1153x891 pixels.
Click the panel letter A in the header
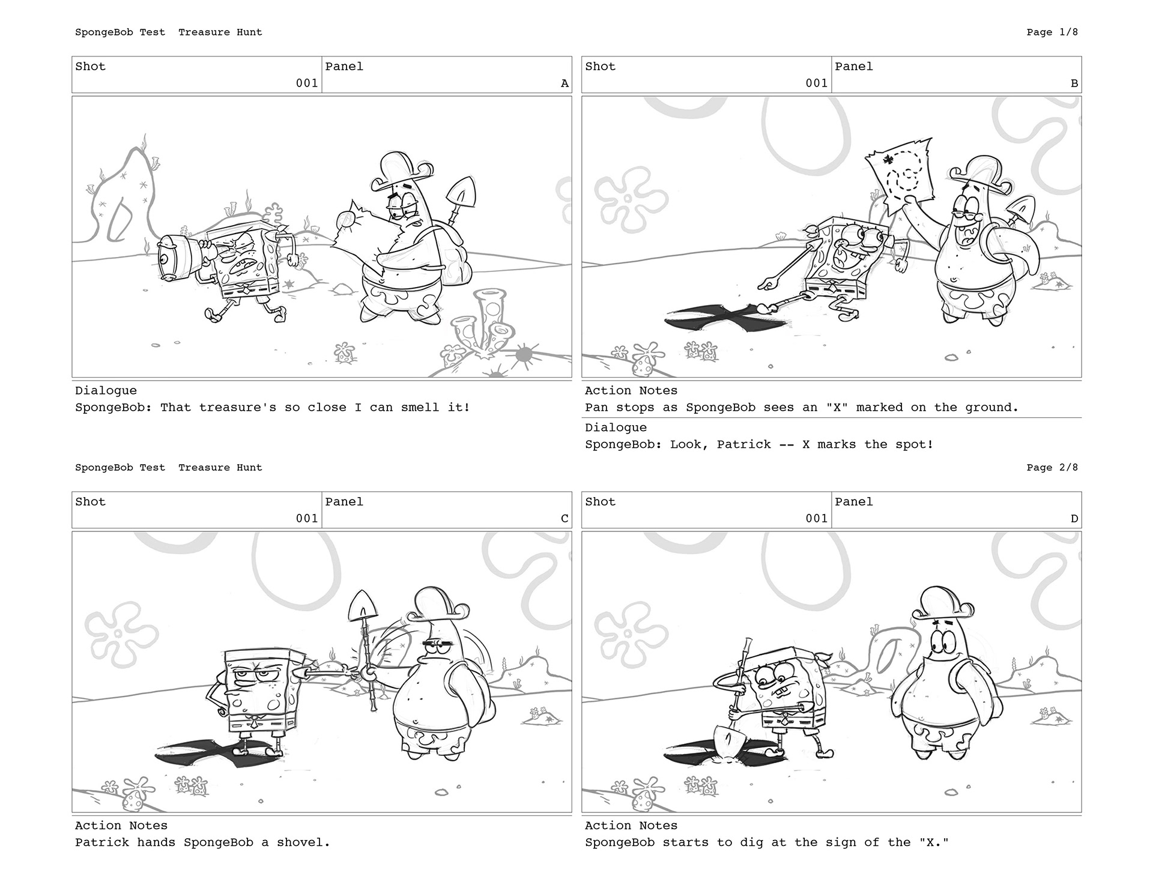pyautogui.click(x=564, y=83)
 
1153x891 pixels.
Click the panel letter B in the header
pyautogui.click(x=1074, y=83)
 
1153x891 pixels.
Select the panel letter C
pyautogui.click(x=564, y=519)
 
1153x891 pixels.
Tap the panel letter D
pyautogui.click(x=1074, y=519)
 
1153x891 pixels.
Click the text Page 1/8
pyautogui.click(x=1052, y=32)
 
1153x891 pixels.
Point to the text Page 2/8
pyautogui.click(x=1052, y=468)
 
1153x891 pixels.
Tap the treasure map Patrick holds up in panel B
pyautogui.click(x=901, y=174)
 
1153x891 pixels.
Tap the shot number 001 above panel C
pyautogui.click(x=307, y=519)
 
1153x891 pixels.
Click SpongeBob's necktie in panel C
pyautogui.click(x=255, y=722)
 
